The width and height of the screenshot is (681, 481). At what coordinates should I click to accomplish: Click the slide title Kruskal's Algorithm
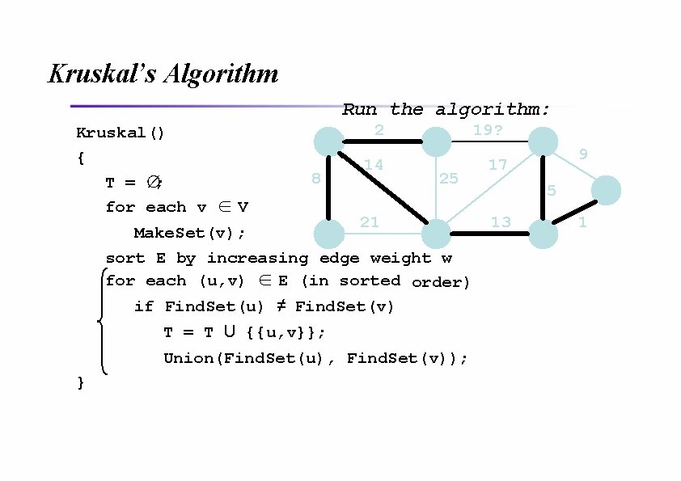coord(163,74)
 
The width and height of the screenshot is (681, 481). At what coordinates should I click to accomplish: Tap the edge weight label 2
coord(379,130)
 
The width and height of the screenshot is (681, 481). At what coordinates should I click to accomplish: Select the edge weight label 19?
coord(488,129)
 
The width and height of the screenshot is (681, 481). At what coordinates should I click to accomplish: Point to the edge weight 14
coord(374,165)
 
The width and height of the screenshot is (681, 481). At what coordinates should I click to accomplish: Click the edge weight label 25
coord(448,178)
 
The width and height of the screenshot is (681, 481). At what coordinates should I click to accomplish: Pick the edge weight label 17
coord(497,165)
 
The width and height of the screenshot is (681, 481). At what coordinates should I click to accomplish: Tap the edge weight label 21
coord(369,222)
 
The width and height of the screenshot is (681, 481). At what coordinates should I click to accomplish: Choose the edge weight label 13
coord(501,222)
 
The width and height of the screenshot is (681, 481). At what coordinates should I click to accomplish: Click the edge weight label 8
coord(316,178)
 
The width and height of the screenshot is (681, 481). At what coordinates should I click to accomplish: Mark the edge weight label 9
coord(583,154)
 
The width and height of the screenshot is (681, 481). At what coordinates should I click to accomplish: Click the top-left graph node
coord(328,141)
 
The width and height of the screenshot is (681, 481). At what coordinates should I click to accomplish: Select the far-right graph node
coord(606,191)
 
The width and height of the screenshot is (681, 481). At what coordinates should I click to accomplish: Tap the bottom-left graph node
coord(328,234)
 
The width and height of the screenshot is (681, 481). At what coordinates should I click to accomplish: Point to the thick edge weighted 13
coord(490,234)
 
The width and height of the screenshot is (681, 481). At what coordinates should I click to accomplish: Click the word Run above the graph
coord(359,109)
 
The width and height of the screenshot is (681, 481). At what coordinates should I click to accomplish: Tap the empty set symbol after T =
coord(153,183)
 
